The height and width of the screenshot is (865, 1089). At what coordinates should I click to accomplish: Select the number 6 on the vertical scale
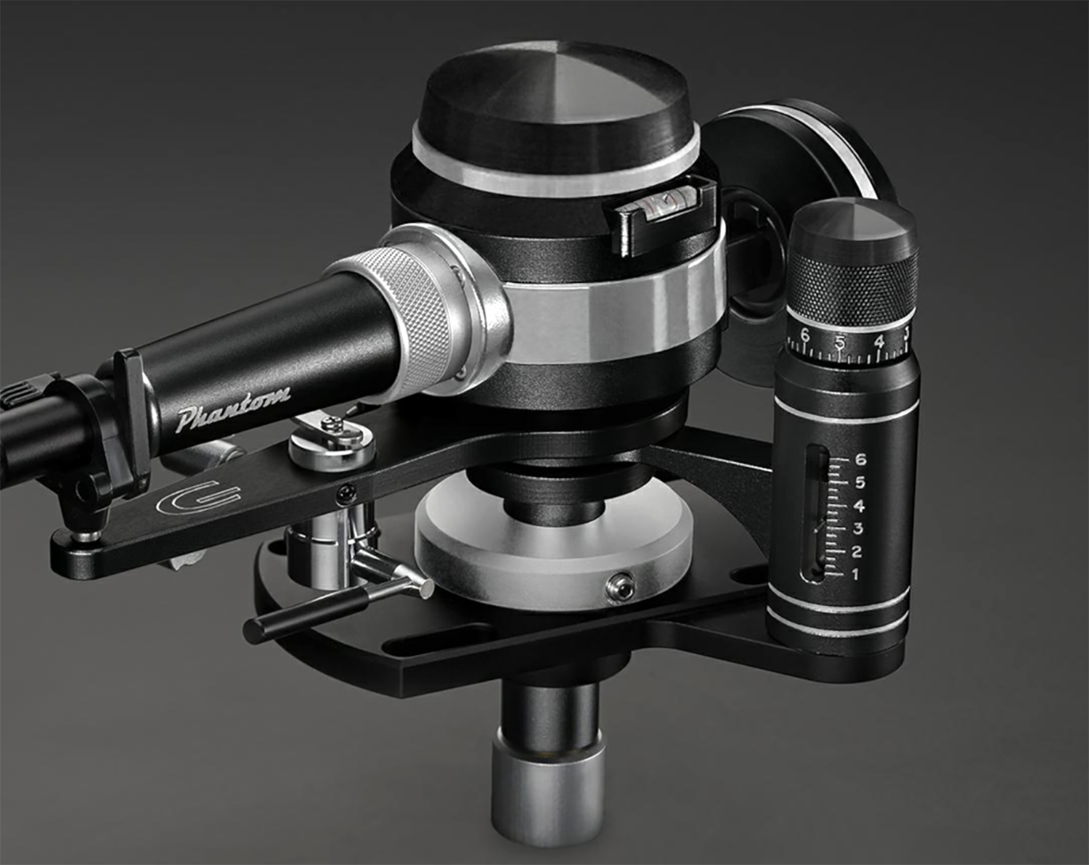[x=861, y=459]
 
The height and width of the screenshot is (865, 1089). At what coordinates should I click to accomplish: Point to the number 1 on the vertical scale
[x=855, y=574]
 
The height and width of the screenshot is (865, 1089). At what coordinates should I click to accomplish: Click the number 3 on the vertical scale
[x=857, y=528]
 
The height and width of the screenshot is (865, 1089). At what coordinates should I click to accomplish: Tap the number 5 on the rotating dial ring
[x=840, y=342]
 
